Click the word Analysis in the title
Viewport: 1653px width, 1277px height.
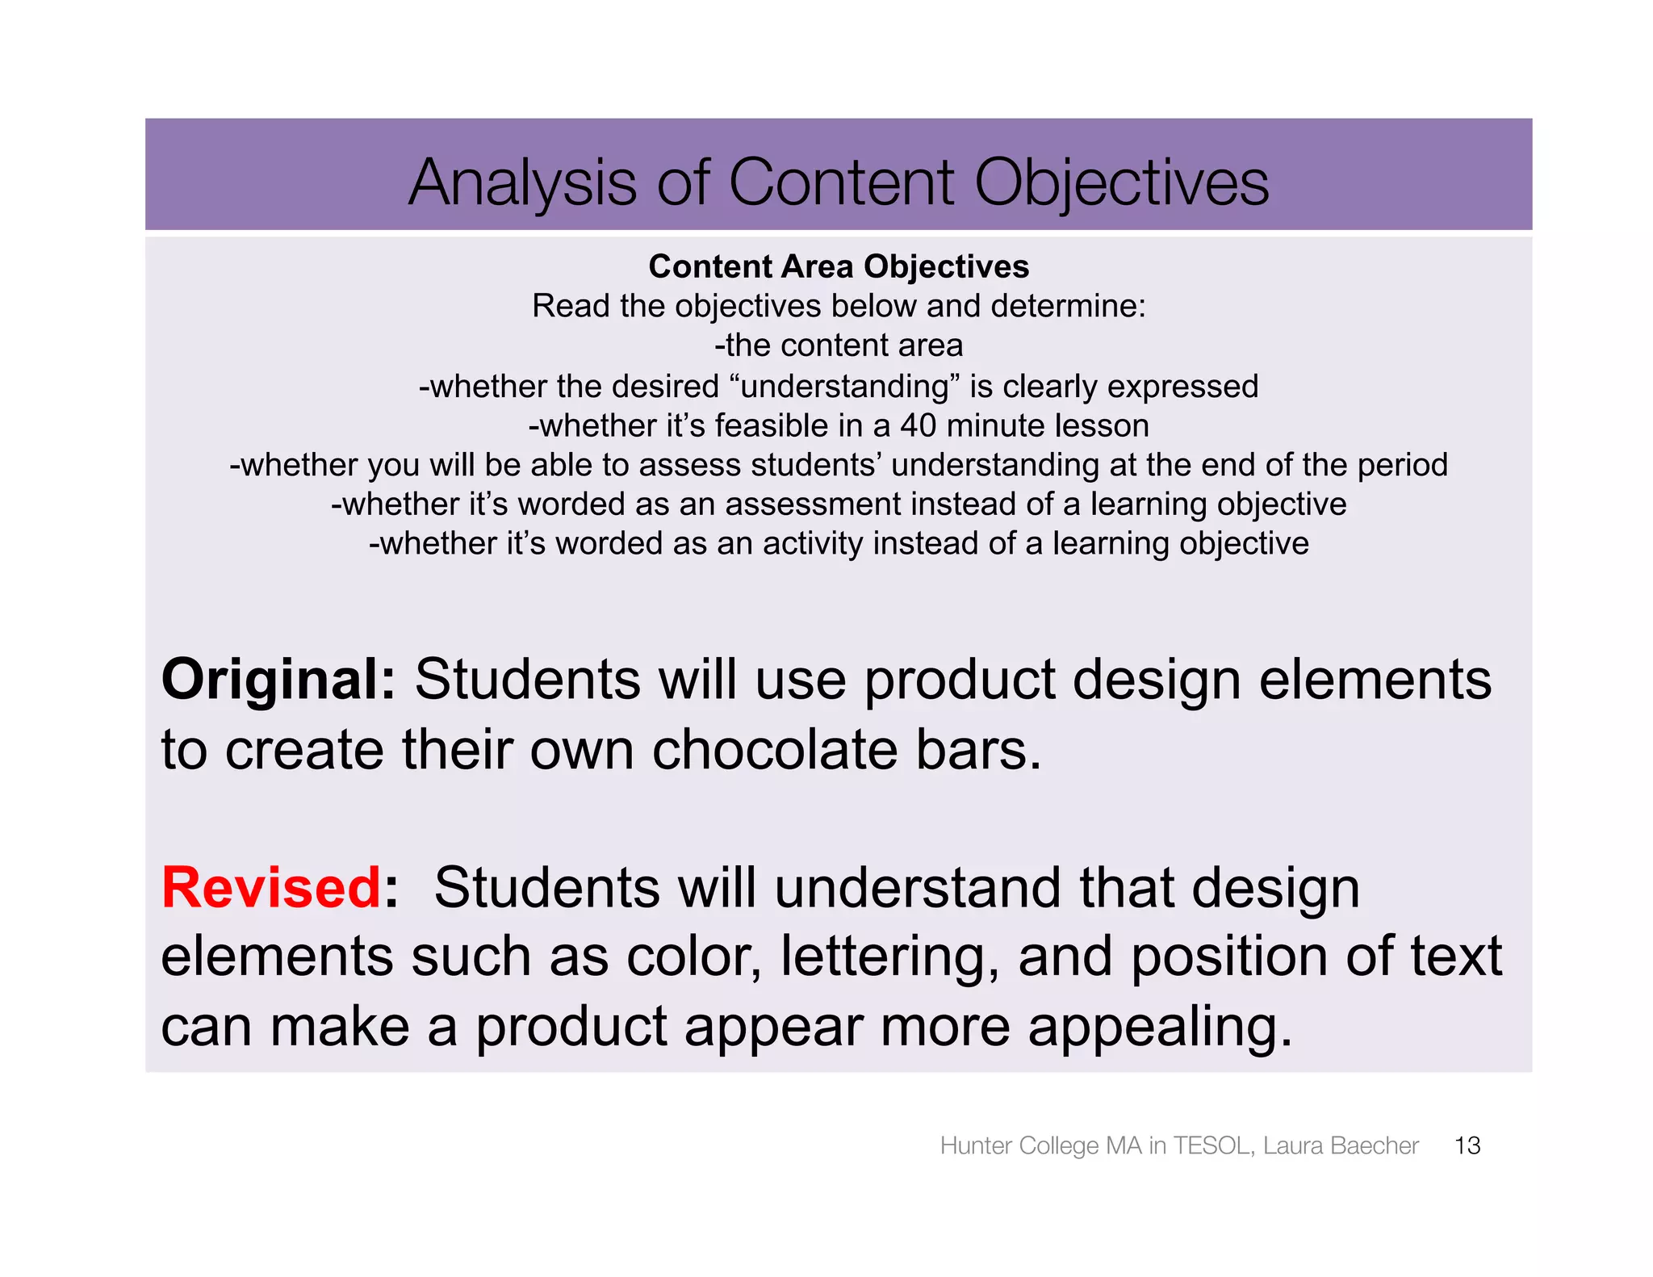pos(522,182)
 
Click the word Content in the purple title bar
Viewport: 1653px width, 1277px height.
pos(841,182)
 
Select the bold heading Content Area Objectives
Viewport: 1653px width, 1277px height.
pos(839,266)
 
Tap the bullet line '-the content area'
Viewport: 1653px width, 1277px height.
pos(839,345)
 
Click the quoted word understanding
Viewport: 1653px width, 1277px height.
pos(844,387)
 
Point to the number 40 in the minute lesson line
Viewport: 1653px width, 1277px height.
pos(919,425)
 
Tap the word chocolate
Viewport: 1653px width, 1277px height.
pos(774,750)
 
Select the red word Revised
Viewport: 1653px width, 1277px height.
pos(271,888)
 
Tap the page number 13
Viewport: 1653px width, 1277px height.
pos(1467,1145)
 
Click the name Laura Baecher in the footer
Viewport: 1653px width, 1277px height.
pos(1340,1145)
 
